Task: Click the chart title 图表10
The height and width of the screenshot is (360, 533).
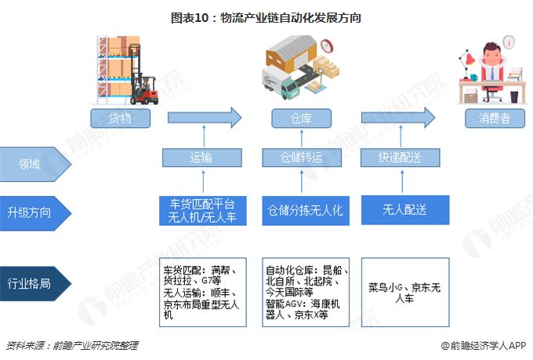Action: pyautogui.click(x=266, y=16)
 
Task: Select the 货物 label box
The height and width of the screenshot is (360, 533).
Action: pyautogui.click(x=120, y=118)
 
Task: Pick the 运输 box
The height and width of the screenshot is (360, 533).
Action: pyautogui.click(x=201, y=157)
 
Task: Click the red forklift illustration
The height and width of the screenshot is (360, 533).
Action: pyautogui.click(x=143, y=89)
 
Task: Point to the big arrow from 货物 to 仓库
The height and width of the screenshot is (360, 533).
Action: pyautogui.click(x=204, y=118)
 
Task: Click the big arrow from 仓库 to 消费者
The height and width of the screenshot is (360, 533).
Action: pyautogui.click(x=397, y=118)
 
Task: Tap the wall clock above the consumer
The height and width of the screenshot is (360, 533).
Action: pyautogui.click(x=509, y=41)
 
